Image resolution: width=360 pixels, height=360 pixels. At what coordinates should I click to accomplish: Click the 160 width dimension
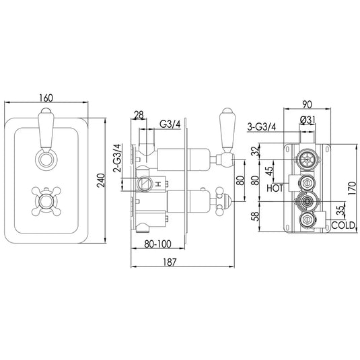coord(46,98)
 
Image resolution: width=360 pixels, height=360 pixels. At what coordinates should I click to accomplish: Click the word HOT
coord(275,189)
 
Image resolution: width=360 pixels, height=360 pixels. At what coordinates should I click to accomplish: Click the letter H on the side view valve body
coord(156,183)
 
